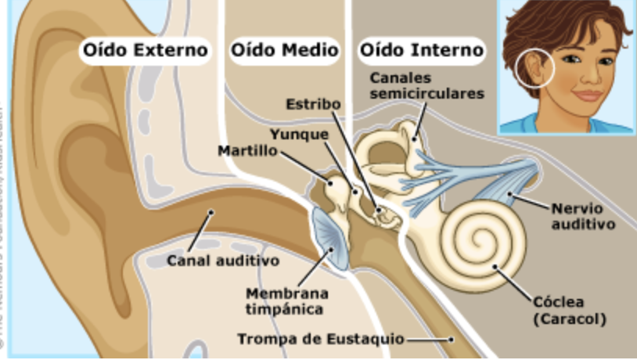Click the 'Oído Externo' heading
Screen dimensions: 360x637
pos(146,51)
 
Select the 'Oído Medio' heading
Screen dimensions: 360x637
pos(284,51)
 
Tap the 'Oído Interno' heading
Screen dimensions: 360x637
pos(421,51)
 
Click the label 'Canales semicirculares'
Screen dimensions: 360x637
pos(426,86)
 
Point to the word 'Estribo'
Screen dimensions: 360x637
pos(313,103)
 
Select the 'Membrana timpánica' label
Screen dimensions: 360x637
pos(286,301)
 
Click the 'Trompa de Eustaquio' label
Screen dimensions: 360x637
pos(321,340)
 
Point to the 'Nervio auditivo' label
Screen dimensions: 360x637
pos(583,216)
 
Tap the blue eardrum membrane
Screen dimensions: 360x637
pos(330,239)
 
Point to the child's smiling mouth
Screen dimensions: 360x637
pos(587,95)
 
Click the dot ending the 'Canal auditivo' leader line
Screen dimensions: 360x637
pos(211,212)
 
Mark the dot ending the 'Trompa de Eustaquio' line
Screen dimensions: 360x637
pos(452,340)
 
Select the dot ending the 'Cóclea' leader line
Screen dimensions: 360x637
pos(495,268)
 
